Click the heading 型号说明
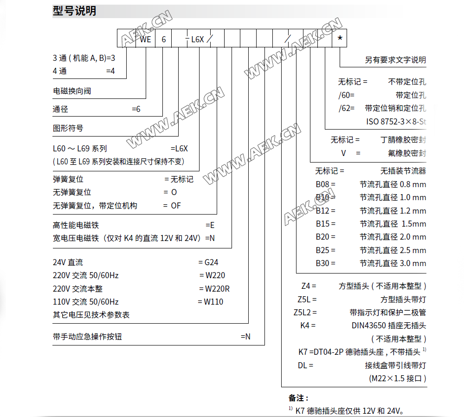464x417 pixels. (x=74, y=11)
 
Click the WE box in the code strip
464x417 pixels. (x=146, y=39)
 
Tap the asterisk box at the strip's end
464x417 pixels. (x=340, y=38)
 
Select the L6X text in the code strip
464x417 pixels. (x=198, y=39)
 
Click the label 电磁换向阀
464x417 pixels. (x=72, y=91)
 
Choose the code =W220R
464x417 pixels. (x=214, y=288)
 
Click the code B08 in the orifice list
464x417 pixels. (x=325, y=184)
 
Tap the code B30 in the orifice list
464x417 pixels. (x=325, y=263)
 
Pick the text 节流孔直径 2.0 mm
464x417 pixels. (x=393, y=237)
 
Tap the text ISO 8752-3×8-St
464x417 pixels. (x=396, y=122)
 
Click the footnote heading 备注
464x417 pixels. (x=298, y=398)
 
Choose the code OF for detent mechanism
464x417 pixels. (x=175, y=205)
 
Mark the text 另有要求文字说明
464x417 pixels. (x=395, y=59)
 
